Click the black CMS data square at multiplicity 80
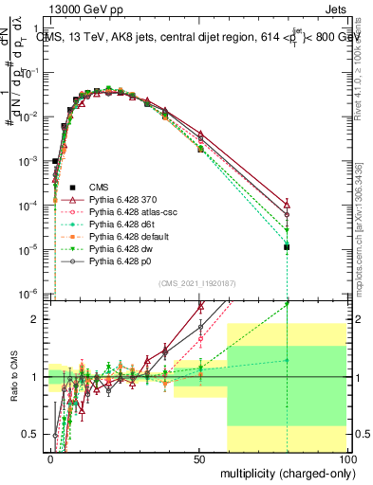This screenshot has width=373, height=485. (287, 247)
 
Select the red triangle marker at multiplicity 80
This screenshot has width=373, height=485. (287, 205)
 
